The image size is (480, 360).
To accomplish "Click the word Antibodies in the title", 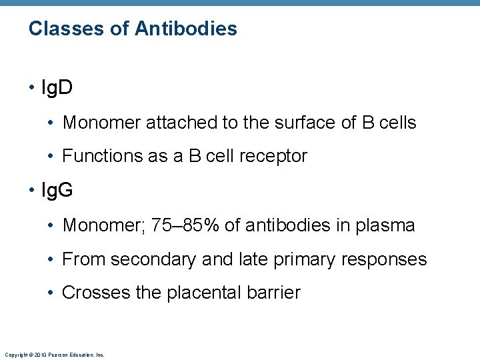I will click(185, 29).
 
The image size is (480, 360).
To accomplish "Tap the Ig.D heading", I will click(57, 88).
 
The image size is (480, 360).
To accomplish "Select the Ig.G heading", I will click(57, 191).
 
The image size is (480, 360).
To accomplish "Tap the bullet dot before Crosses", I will click(52, 293).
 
